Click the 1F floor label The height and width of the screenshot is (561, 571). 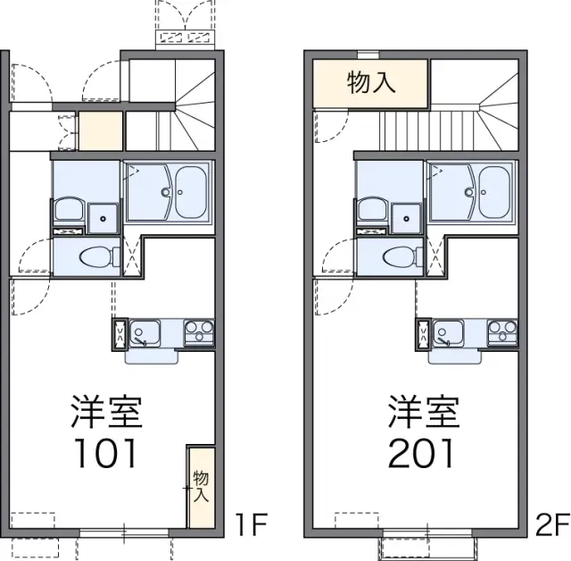(252, 524)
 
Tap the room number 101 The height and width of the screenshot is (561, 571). (106, 453)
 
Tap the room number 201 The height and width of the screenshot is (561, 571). (421, 453)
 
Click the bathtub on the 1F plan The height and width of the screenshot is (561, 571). (191, 192)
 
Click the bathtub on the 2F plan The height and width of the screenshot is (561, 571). (494, 192)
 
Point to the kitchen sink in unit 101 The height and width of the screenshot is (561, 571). (145, 332)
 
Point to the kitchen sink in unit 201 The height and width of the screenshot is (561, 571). (448, 332)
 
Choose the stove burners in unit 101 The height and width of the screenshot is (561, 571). (199, 332)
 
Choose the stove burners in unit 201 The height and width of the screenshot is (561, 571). (502, 332)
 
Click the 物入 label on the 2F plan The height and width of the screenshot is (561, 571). (371, 82)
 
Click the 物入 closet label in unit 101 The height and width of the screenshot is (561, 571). (201, 486)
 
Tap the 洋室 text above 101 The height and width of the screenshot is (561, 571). (106, 411)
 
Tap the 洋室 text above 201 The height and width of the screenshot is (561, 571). (424, 411)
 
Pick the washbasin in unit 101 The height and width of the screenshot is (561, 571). (68, 209)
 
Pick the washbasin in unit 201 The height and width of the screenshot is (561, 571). (372, 209)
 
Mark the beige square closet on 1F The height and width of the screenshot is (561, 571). (101, 130)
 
